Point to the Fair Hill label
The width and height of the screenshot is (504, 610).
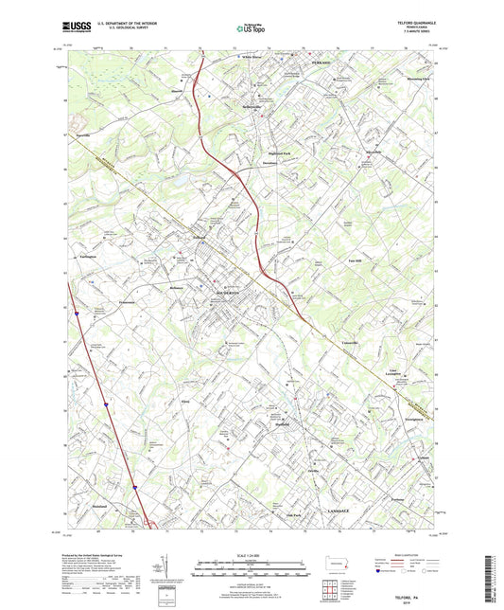(356, 260)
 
